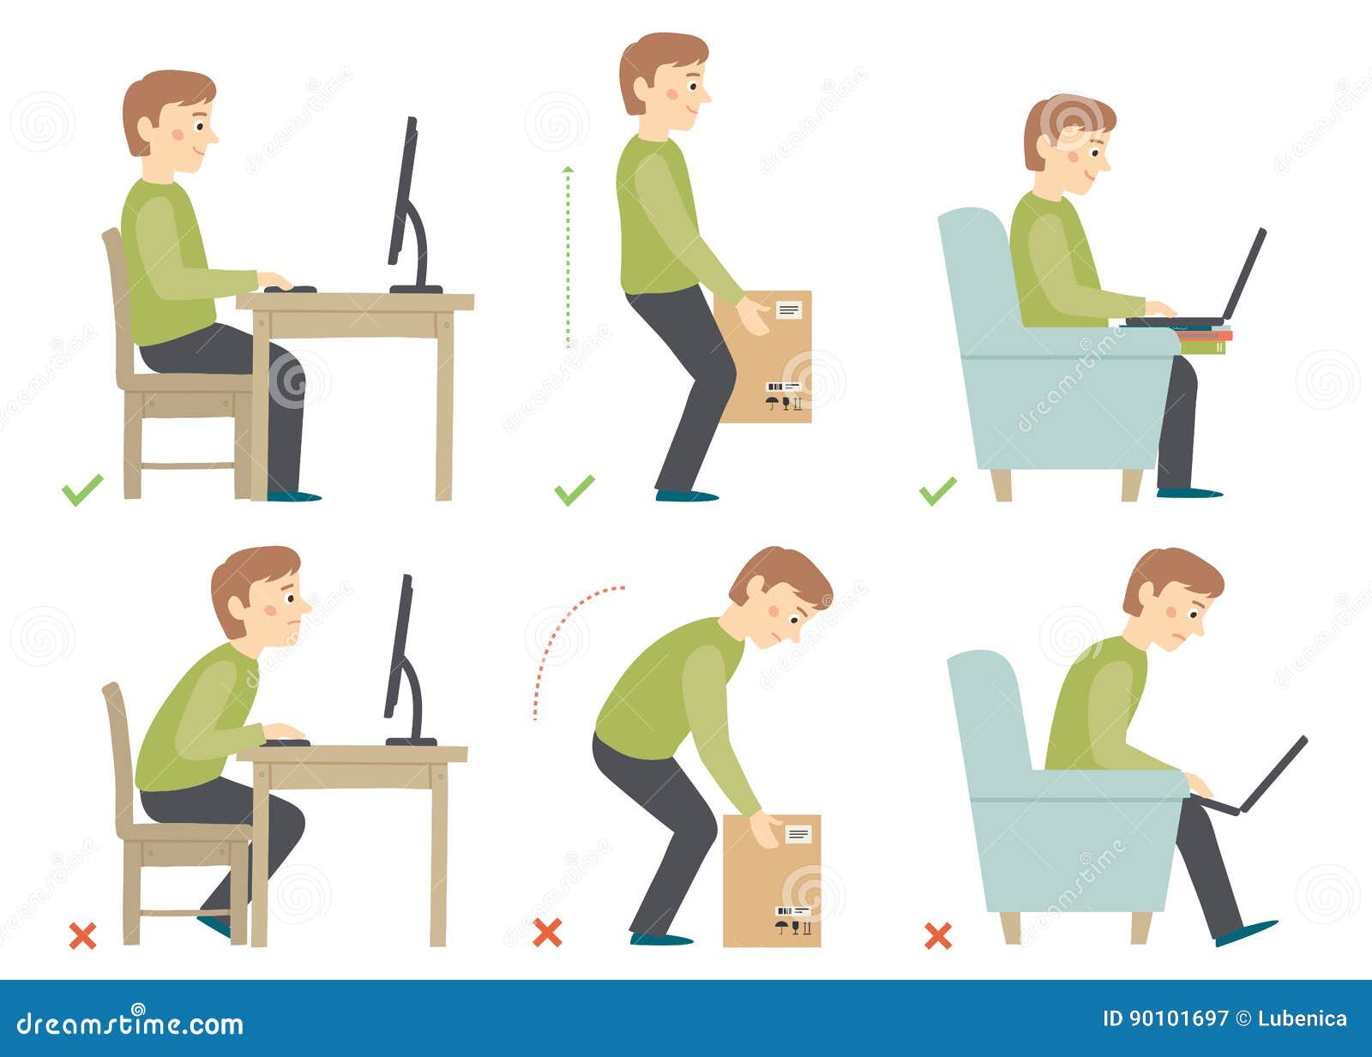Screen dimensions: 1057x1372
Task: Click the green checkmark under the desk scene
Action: (x=82, y=489)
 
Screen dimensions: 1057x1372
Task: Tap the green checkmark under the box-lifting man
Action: (x=574, y=489)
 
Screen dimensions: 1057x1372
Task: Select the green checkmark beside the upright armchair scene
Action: (x=937, y=491)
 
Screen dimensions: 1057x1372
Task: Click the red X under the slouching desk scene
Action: (x=82, y=935)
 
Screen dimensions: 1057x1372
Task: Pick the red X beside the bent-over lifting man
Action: (x=547, y=932)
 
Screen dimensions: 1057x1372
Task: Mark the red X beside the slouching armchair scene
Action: (x=938, y=935)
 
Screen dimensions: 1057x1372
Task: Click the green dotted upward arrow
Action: (x=567, y=257)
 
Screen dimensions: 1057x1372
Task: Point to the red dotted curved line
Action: (x=566, y=634)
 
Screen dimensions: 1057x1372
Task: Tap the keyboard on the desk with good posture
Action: (x=290, y=289)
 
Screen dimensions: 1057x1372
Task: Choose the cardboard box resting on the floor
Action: (x=772, y=883)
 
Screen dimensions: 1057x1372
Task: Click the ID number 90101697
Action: (x=1165, y=1019)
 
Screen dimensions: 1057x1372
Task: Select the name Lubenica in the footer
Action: (x=1302, y=1019)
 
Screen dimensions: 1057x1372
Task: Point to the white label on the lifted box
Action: (x=788, y=309)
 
